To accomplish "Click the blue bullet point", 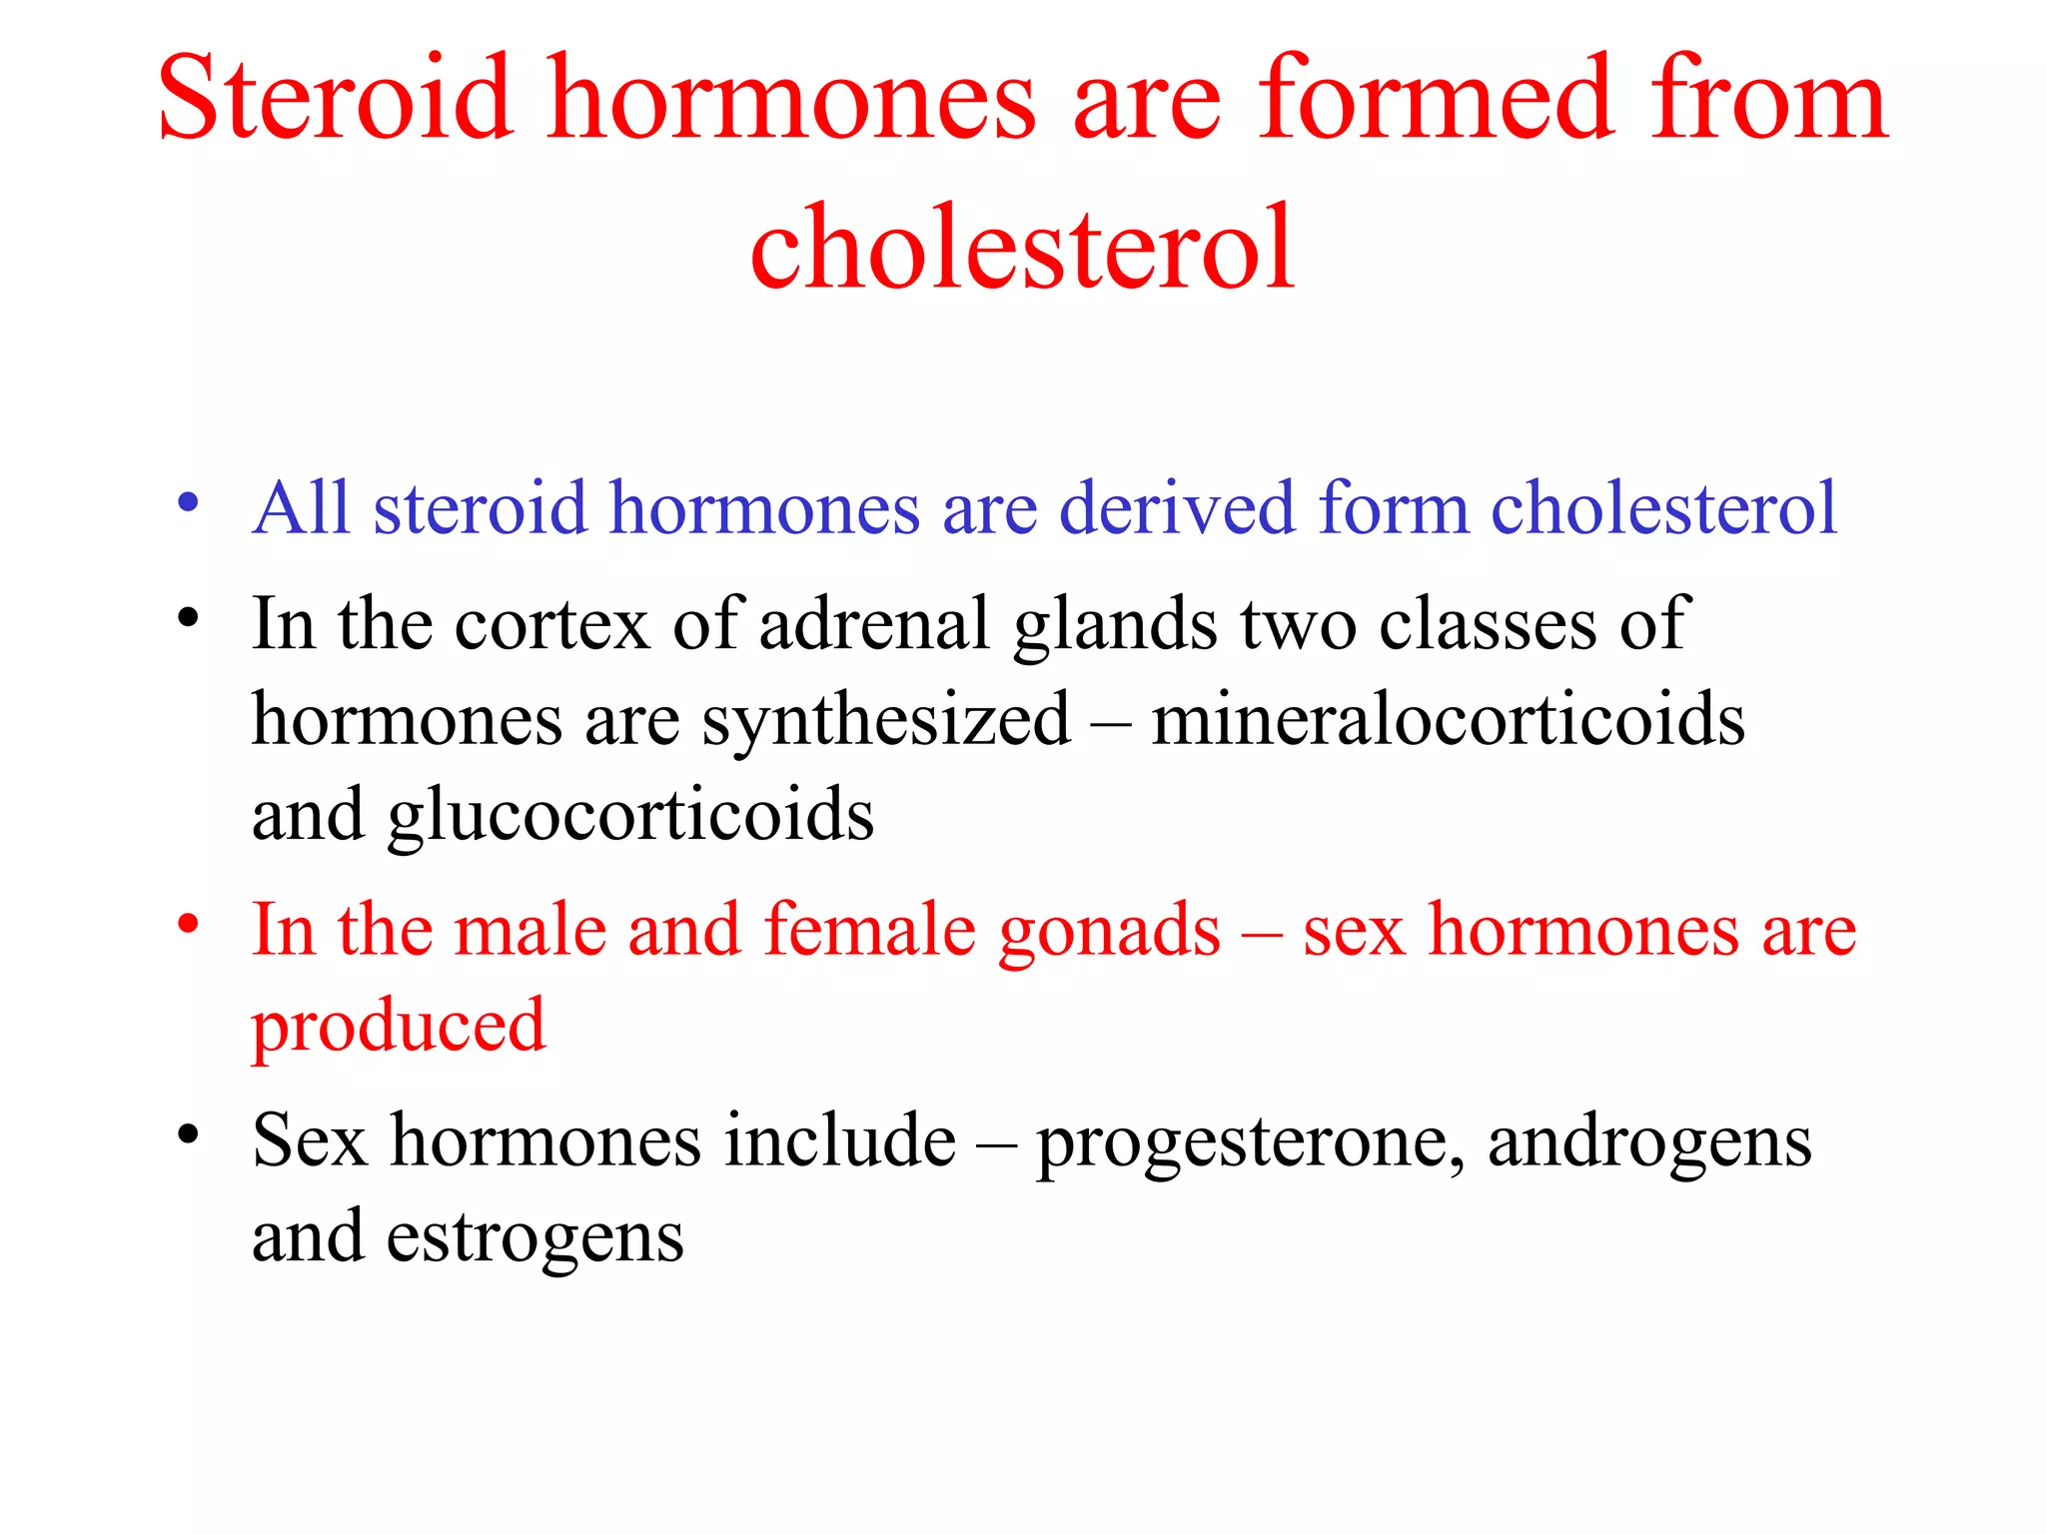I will coord(188,501).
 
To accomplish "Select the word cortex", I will coord(551,625).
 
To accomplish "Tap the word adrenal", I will coord(874,625).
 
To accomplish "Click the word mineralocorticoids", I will coord(1448,720).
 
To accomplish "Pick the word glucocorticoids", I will coord(630,816).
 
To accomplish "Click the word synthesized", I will coord(885,722).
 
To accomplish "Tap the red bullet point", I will coord(188,924).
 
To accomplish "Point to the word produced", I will coord(398,1027).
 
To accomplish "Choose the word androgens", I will coord(1649,1143).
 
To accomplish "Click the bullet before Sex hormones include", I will coord(188,1135).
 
